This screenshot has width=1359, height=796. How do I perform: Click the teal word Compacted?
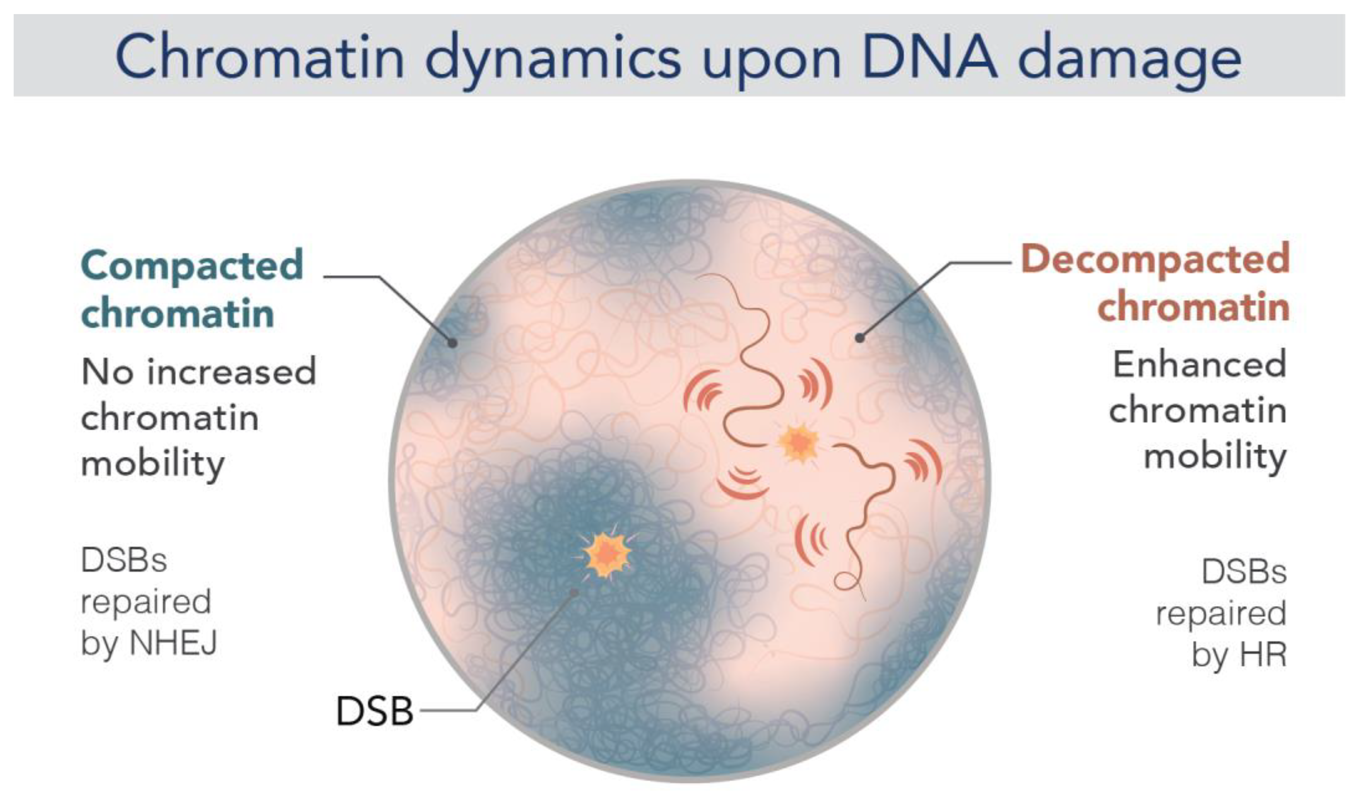point(192,266)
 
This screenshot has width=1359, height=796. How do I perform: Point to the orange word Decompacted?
point(1155,260)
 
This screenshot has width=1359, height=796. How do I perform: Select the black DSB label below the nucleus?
point(375,711)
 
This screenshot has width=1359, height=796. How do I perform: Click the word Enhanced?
point(1200,364)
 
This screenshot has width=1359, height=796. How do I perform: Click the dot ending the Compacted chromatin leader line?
point(452,343)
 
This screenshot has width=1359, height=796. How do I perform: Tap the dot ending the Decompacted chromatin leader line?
point(860,338)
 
